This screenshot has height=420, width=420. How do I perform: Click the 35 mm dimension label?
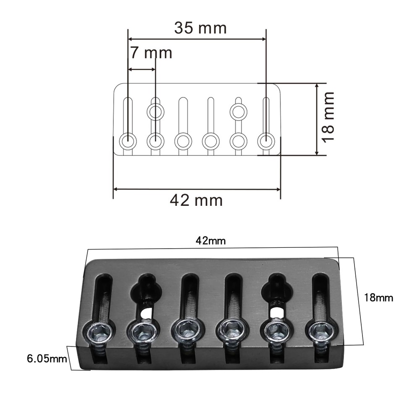pyautogui.click(x=200, y=28)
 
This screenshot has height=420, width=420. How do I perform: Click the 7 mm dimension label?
pyautogui.click(x=151, y=53)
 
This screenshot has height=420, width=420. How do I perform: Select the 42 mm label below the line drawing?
pyautogui.click(x=196, y=200)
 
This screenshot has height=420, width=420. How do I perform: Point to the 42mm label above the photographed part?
pyautogui.click(x=211, y=241)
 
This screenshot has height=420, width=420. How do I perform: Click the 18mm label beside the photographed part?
pyautogui.click(x=378, y=298)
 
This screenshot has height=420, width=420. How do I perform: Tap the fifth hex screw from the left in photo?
pyautogui.click(x=276, y=331)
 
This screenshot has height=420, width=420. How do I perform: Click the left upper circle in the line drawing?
pyautogui.click(x=155, y=112)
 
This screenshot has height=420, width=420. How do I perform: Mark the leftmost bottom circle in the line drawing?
pyautogui.click(x=128, y=141)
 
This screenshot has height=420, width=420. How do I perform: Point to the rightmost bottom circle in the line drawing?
pyautogui.click(x=265, y=141)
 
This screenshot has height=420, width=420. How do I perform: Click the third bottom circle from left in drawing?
pyautogui.click(x=183, y=141)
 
